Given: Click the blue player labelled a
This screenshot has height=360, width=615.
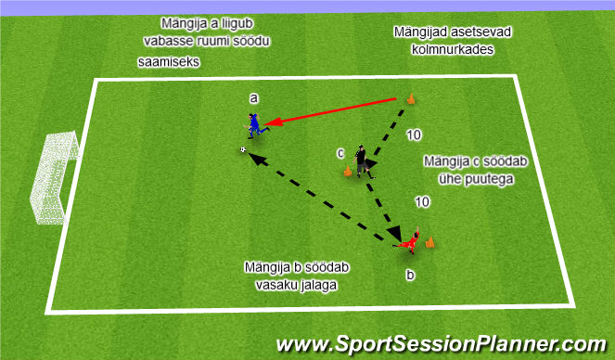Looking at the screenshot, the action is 253,125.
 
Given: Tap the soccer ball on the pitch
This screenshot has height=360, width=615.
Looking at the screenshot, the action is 243,149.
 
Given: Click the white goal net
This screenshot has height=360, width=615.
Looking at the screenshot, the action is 50,179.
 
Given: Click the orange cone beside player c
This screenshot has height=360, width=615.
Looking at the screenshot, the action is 348,170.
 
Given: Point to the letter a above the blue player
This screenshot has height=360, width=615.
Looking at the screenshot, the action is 251,96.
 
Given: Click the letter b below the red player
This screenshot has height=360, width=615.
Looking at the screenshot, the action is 409,275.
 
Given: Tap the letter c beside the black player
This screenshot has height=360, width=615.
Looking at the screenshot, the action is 340,151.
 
